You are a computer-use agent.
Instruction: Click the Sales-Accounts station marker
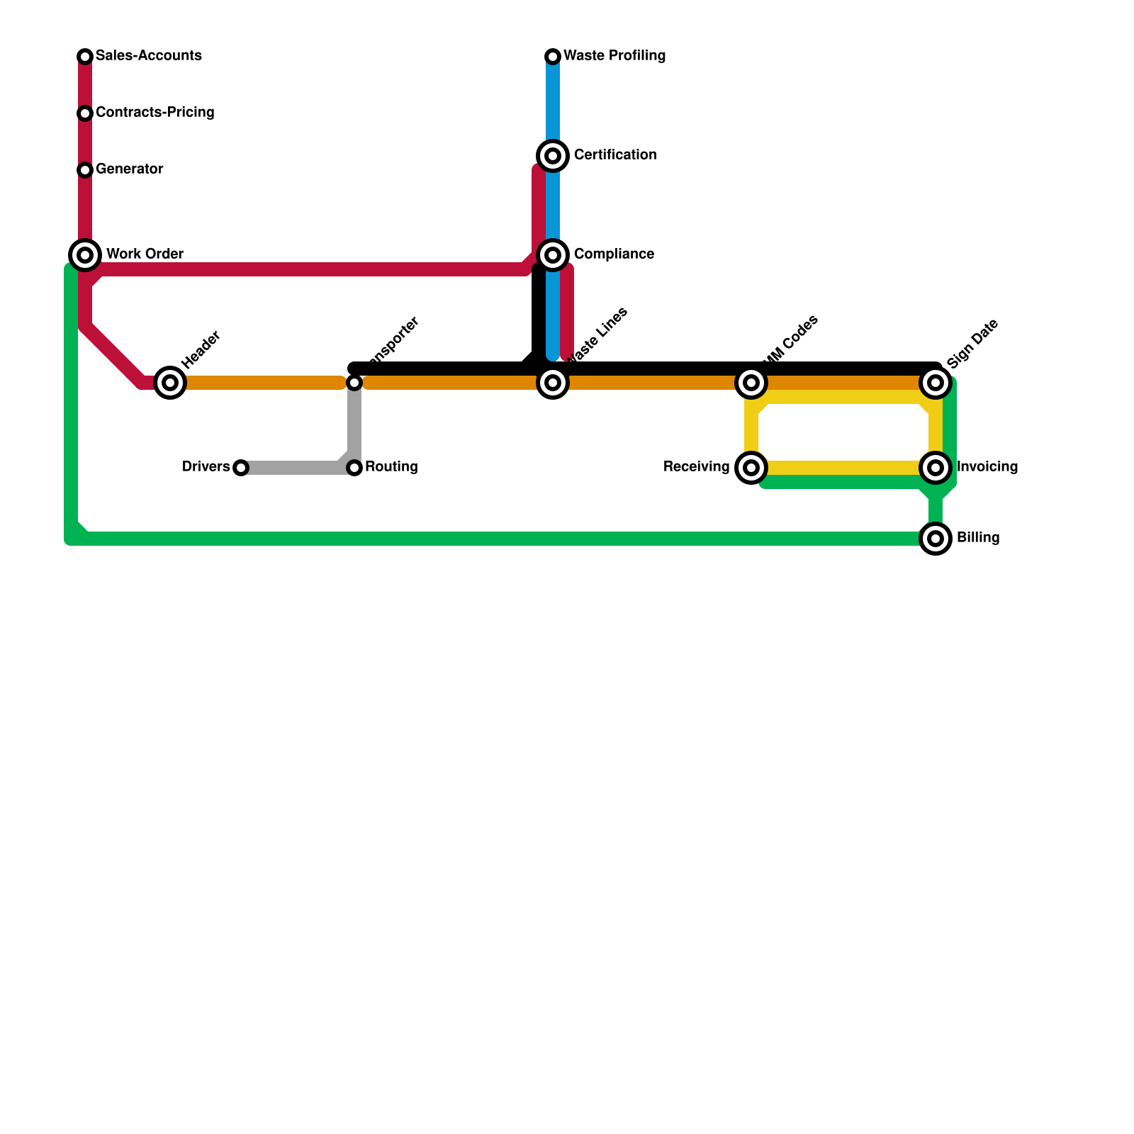85,57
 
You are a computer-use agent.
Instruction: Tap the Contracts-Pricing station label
155,113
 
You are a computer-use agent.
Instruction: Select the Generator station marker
85,170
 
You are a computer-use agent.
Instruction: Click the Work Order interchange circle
85,255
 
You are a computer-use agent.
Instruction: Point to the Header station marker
170,383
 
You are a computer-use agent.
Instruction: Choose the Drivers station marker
241,468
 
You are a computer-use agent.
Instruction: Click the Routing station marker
354,468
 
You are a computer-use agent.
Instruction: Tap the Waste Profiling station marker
553,57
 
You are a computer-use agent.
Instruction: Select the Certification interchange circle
553,156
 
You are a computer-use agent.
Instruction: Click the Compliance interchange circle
553,255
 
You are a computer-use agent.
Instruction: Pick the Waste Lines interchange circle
553,383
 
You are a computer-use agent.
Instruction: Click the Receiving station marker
751,468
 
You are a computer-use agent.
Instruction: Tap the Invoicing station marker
936,468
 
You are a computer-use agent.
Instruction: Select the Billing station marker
936,539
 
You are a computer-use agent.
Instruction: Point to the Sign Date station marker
936,383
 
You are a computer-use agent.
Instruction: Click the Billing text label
977,538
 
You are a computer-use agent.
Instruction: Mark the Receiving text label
696,467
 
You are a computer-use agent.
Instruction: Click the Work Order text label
145,254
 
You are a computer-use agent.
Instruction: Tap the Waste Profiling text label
614,56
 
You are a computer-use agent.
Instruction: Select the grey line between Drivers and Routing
291,468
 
